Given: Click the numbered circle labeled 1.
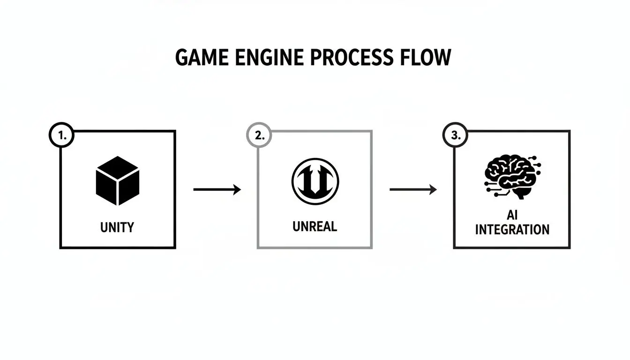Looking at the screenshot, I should (x=61, y=136).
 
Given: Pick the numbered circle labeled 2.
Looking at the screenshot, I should (x=259, y=136).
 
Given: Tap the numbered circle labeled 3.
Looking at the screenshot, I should (x=455, y=136).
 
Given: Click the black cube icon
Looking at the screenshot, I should (x=117, y=181).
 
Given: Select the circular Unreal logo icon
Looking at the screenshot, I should (x=315, y=180).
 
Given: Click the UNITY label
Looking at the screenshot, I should (x=117, y=227).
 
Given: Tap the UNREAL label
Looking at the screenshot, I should (x=315, y=226).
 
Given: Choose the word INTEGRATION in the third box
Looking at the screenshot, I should (x=512, y=230).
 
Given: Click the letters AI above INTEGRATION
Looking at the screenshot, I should (x=511, y=215).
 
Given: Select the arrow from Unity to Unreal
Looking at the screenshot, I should (x=217, y=189).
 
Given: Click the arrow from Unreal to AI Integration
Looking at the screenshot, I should (x=413, y=189).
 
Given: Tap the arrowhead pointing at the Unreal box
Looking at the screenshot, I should (x=237, y=189).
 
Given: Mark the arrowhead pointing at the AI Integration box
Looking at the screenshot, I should (x=434, y=189).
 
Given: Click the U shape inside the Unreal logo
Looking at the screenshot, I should (x=315, y=183).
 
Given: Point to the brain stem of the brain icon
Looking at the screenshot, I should (x=519, y=194).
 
